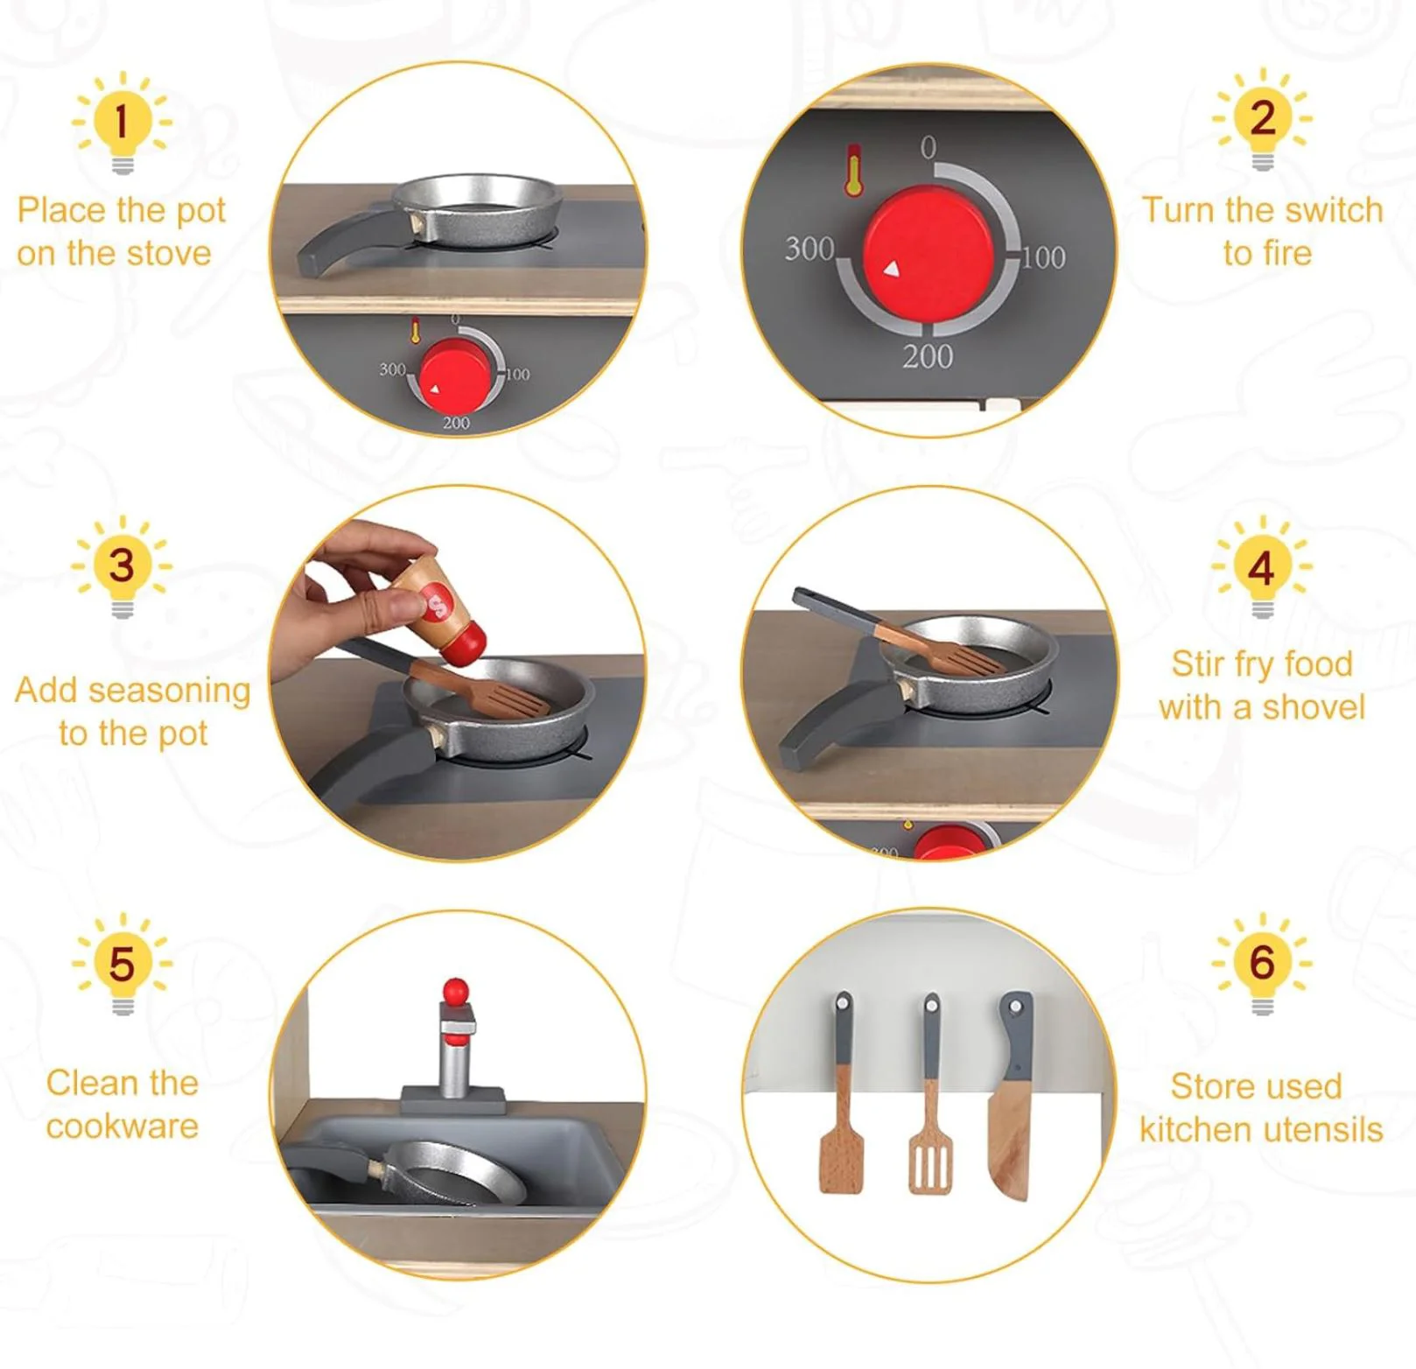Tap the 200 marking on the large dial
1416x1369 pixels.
pyautogui.click(x=928, y=356)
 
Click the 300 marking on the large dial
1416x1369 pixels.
pyautogui.click(x=809, y=249)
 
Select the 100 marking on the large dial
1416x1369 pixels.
pyautogui.click(x=1043, y=257)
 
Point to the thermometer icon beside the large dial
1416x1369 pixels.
pyautogui.click(x=854, y=170)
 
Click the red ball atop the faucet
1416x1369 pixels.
pyautogui.click(x=455, y=991)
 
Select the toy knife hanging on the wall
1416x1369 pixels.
pyautogui.click(x=1013, y=1095)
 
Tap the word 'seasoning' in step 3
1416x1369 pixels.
pyautogui.click(x=171, y=692)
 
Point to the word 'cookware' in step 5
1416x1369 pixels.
pyautogui.click(x=122, y=1127)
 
